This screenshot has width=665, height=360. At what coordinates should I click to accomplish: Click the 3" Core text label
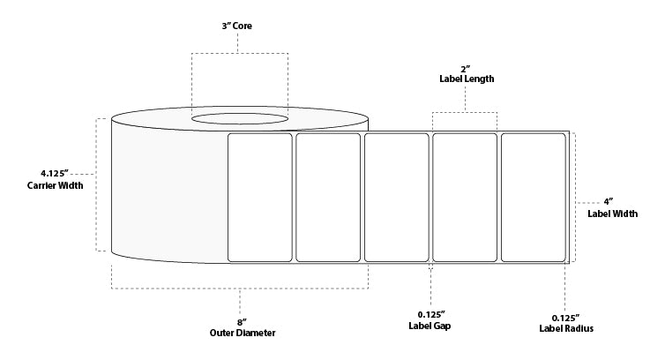[x=239, y=26]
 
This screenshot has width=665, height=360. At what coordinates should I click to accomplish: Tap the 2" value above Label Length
[x=465, y=67]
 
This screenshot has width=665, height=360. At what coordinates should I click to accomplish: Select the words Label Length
[x=465, y=79]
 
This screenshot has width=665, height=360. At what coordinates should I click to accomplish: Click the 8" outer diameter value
[x=241, y=321]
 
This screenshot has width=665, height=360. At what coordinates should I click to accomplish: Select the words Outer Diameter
[x=241, y=333]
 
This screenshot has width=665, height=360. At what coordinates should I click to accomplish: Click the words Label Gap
[x=430, y=327]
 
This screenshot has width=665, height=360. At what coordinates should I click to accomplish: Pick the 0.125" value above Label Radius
[x=564, y=317]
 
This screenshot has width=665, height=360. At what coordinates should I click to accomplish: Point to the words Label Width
[x=611, y=214]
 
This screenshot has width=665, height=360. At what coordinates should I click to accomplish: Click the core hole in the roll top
[x=239, y=118]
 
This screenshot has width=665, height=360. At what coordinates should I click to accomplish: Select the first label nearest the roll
[x=260, y=198]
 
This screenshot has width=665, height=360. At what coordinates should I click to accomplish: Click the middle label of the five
[x=396, y=198]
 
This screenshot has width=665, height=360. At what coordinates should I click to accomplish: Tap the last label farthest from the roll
[x=533, y=198]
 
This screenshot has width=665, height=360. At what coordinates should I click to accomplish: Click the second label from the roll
[x=328, y=198]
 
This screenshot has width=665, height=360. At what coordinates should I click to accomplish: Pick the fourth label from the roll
[x=465, y=198]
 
